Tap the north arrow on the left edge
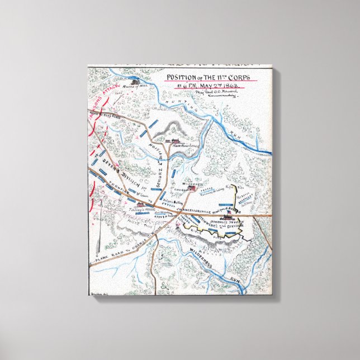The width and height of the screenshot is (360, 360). tap(100, 235)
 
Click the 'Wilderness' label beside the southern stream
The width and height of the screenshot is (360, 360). tap(200, 262)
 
